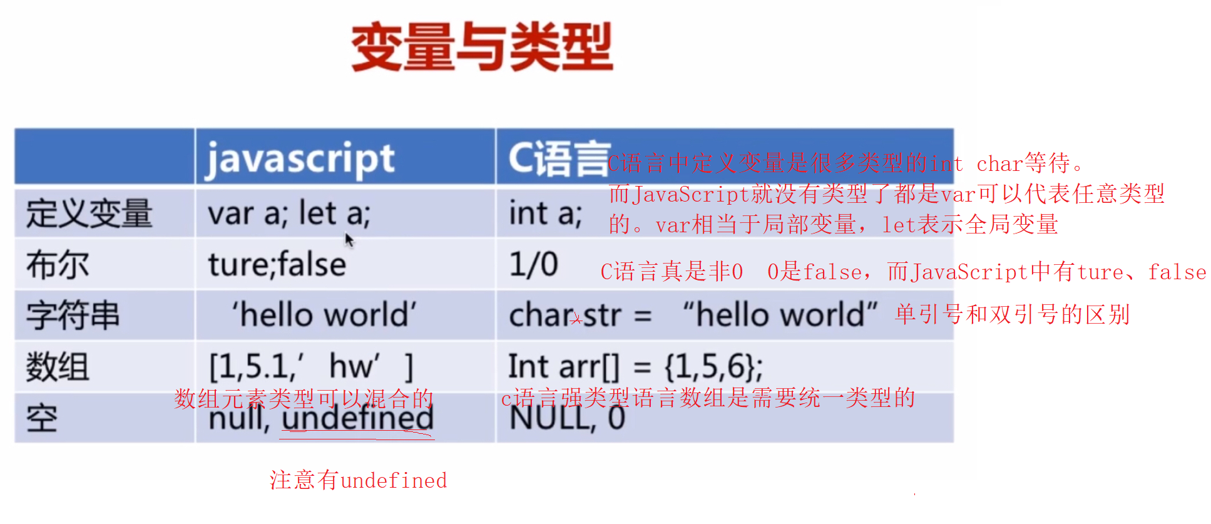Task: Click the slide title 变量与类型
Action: (x=482, y=47)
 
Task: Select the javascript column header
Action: (x=300, y=158)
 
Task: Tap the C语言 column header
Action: (x=557, y=158)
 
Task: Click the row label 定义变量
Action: (x=89, y=213)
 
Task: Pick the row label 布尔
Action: (x=58, y=265)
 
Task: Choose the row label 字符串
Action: (x=73, y=315)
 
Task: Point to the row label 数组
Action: (x=58, y=367)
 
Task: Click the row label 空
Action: (x=42, y=418)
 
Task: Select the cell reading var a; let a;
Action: (x=289, y=213)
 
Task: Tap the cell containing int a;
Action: (x=545, y=213)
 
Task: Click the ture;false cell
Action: (x=277, y=265)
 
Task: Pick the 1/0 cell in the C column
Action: (x=533, y=265)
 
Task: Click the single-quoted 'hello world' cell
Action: (x=324, y=315)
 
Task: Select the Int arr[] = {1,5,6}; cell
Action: (x=635, y=367)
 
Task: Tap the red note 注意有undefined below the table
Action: (x=358, y=481)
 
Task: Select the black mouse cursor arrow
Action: (x=349, y=239)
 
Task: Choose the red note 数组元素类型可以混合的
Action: (x=304, y=398)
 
